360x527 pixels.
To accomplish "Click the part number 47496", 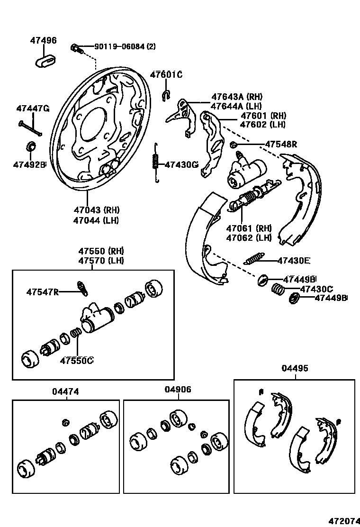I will [x=44, y=41].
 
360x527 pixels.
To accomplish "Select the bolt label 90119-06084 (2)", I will [x=125, y=46].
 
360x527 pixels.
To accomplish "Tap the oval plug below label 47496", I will [x=45, y=60].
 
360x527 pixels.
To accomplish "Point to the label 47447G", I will [x=33, y=109].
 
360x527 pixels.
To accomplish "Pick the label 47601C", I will [x=166, y=74].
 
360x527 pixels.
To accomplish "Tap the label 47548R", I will [x=280, y=144].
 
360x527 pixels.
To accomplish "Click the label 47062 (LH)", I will [x=249, y=238].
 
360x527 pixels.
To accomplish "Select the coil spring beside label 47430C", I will [x=278, y=289].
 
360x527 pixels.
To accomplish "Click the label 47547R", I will [x=42, y=292].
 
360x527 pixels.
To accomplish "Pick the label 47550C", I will [x=76, y=361].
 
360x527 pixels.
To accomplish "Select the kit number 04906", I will [x=178, y=390].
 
